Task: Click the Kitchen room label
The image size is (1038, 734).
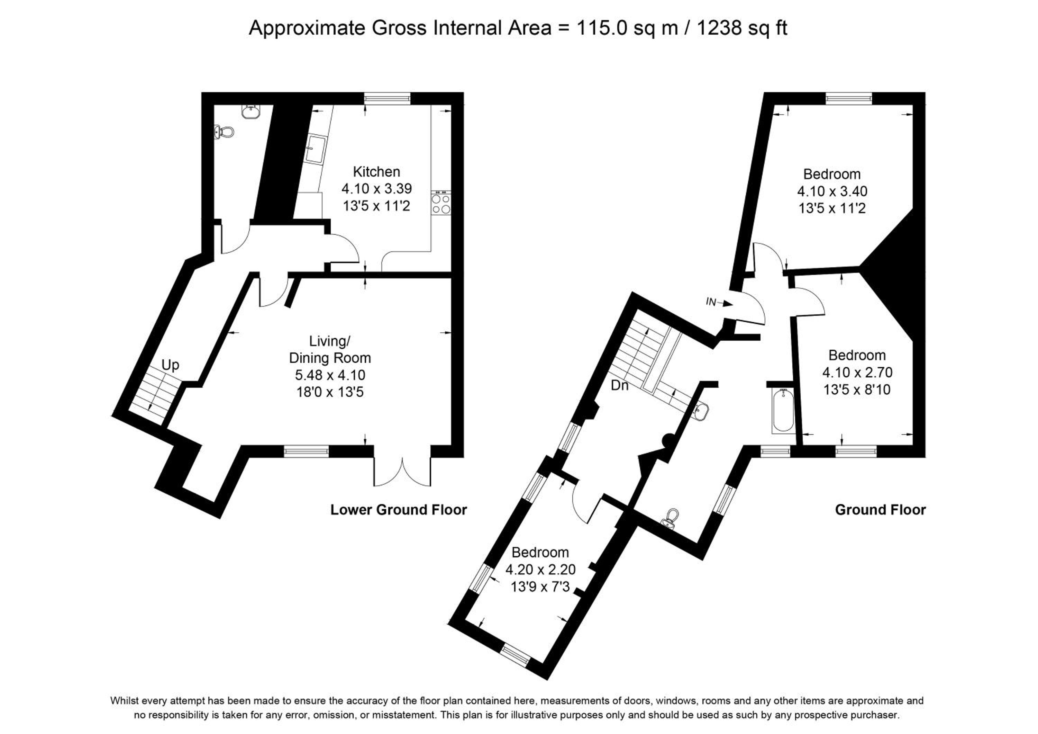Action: (376, 172)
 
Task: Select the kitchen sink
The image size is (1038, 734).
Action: (315, 149)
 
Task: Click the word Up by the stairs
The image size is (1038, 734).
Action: (171, 365)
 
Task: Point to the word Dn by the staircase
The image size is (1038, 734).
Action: (619, 385)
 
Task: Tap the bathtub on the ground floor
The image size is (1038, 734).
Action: (783, 410)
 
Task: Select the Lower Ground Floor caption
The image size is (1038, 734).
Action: (398, 510)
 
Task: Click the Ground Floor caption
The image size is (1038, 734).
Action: (880, 510)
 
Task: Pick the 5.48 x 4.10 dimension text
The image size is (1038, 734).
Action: (330, 375)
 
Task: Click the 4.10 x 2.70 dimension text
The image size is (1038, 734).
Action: (857, 373)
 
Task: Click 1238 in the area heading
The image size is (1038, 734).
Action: (719, 28)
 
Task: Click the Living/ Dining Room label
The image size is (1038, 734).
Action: (330, 349)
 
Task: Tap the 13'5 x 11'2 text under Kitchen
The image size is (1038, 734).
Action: (376, 206)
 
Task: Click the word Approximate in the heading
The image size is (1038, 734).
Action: (307, 28)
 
